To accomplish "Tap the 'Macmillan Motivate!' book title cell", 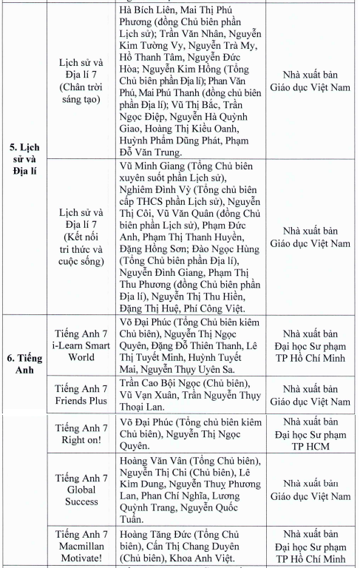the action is click(x=81, y=545).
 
